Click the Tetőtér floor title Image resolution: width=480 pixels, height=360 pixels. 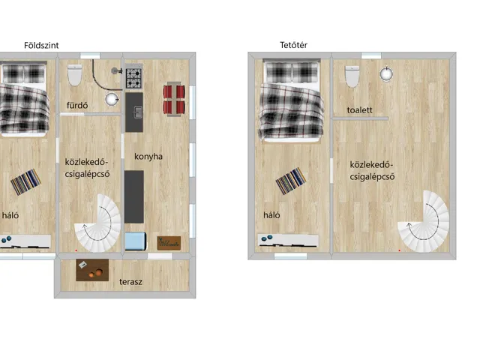pos(289,45)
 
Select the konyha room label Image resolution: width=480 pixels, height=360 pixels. pos(148,157)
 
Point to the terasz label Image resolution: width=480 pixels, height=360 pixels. pos(131,283)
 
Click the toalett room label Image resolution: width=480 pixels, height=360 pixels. pos(359,109)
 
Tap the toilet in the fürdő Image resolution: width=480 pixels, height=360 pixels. pos(74,76)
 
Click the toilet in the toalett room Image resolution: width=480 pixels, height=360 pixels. pos(352,76)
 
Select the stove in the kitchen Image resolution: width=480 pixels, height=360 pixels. pos(134,75)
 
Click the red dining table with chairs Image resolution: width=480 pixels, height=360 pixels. pos(174,99)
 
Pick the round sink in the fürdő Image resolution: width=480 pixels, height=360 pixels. pos(112,98)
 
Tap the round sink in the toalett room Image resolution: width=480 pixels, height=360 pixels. pos(385,73)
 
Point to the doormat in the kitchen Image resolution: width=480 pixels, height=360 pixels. pos(169,242)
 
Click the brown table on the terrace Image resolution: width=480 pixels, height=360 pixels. pos(93,270)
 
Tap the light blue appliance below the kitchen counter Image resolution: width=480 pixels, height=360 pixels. pos(134,241)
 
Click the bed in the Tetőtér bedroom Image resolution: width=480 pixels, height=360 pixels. pos(289,101)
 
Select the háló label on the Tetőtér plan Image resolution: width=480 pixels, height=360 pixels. pos(270,215)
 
